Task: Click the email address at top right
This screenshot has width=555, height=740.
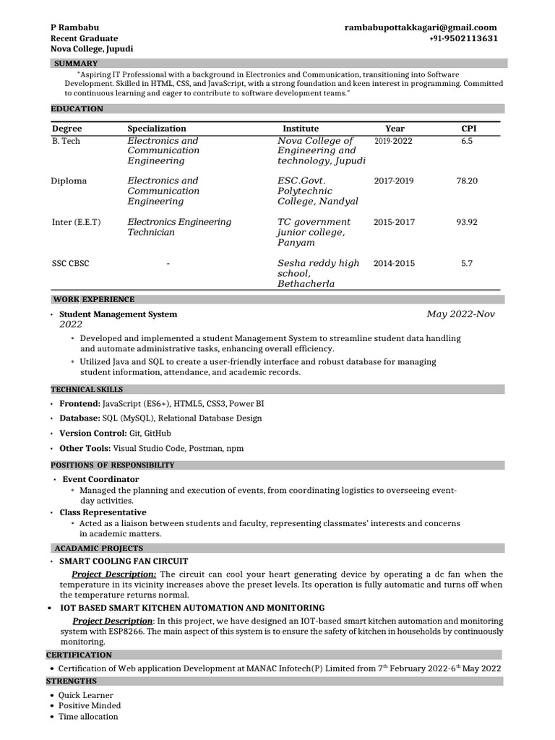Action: tap(421, 27)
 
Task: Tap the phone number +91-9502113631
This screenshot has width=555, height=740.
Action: tap(463, 38)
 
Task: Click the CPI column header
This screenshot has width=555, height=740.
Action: tap(469, 128)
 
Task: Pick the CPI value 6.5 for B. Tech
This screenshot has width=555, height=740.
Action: tap(466, 141)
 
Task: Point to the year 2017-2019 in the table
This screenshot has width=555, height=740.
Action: tap(394, 181)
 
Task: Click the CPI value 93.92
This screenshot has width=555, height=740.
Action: tap(466, 222)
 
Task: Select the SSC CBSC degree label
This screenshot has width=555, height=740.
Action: tap(70, 264)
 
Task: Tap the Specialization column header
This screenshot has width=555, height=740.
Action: tap(157, 128)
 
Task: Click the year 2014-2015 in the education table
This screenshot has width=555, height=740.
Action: tap(394, 264)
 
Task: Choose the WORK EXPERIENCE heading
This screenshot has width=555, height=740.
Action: tap(93, 299)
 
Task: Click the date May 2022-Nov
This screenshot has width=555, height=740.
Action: tap(460, 314)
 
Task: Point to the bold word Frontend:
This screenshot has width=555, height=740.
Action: tap(79, 403)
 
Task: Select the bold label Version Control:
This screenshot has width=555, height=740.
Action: tap(93, 433)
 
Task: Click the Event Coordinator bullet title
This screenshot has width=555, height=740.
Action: tap(100, 479)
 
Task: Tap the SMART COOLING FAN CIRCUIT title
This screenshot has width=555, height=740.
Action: tap(124, 561)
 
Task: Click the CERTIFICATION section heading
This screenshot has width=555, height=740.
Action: tap(79, 655)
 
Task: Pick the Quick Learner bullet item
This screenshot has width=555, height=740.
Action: tap(86, 695)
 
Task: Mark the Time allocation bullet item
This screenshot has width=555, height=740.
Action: tap(88, 716)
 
